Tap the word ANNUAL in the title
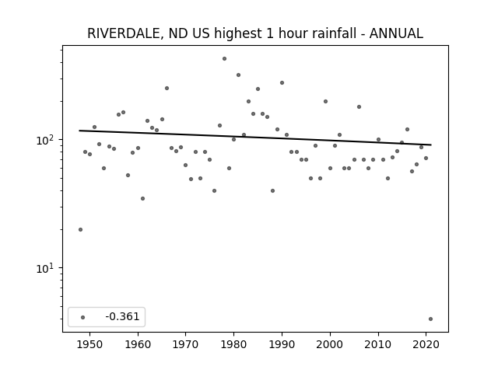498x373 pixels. (x=396, y=33)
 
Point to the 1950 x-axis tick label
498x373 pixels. (x=90, y=344)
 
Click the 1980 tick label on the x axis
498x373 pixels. (x=233, y=344)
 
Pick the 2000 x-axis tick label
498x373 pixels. (x=330, y=344)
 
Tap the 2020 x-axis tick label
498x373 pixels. (x=426, y=344)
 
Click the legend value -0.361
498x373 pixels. (x=122, y=316)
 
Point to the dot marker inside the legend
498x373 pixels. (x=83, y=317)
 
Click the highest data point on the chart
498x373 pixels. (x=224, y=59)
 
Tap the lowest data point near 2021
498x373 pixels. (x=430, y=319)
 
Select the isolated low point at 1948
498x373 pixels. (x=80, y=230)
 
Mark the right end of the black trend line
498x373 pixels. (x=431, y=145)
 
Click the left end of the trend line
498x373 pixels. (x=79, y=131)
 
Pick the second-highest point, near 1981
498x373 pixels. (x=238, y=75)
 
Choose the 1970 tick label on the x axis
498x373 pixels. (x=185, y=344)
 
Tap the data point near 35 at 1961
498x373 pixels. (x=142, y=199)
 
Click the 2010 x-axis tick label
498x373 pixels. (x=378, y=344)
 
